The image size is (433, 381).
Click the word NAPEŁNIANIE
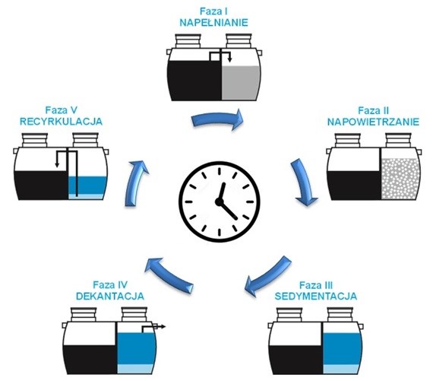click(213, 22)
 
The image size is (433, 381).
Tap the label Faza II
click(373, 110)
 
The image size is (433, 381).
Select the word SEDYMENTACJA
click(316, 296)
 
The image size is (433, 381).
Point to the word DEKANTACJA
click(110, 296)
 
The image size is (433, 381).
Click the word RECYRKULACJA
click(61, 122)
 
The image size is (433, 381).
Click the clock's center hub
click(220, 202)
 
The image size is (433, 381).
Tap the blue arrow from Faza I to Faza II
click(217, 119)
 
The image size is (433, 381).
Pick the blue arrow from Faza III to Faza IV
click(267, 276)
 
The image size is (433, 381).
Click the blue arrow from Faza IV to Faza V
click(169, 274)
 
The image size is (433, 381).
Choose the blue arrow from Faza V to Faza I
click(135, 183)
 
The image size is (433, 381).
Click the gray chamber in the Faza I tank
click(241, 83)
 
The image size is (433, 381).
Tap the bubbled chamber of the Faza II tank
click(400, 179)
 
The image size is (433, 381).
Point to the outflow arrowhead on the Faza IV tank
click(163, 327)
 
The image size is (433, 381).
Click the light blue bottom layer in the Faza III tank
click(341, 369)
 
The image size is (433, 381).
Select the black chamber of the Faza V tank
click(41, 186)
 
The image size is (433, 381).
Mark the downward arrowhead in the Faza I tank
click(229, 60)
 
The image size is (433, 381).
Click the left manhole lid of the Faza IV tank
click(84, 314)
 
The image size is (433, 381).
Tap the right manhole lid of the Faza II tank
click(398, 140)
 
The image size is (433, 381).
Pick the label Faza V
click(61, 110)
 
